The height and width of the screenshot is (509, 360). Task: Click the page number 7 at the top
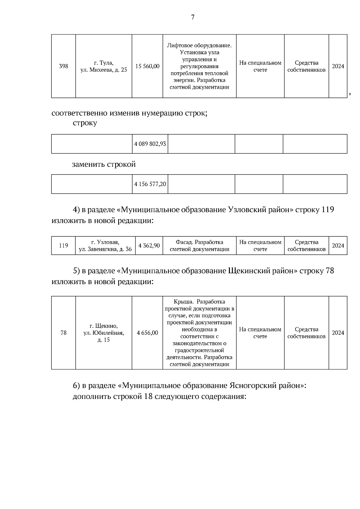(193, 17)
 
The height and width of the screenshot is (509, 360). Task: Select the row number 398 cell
(63, 66)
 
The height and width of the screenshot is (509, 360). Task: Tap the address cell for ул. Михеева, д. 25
(103, 66)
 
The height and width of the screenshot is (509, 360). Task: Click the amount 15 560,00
(147, 66)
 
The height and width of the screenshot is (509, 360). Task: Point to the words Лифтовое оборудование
(199, 46)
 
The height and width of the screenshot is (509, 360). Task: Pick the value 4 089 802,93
(150, 144)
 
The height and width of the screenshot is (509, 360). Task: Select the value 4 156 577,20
(150, 184)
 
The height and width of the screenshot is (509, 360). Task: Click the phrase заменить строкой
(104, 164)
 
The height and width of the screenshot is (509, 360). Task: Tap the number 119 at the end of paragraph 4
(328, 209)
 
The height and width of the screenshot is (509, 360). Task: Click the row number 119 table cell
(63, 246)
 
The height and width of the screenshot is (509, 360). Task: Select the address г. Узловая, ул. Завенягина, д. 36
(105, 246)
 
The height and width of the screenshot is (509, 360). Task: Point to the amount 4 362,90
(149, 246)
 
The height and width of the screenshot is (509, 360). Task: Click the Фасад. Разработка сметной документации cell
(199, 246)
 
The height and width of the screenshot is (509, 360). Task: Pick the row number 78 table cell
(63, 333)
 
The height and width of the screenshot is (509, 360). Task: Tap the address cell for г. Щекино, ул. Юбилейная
(103, 333)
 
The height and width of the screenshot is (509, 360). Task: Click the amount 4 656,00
(147, 333)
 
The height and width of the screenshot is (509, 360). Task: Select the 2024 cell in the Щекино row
(338, 333)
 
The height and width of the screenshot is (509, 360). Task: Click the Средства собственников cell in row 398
(306, 66)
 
